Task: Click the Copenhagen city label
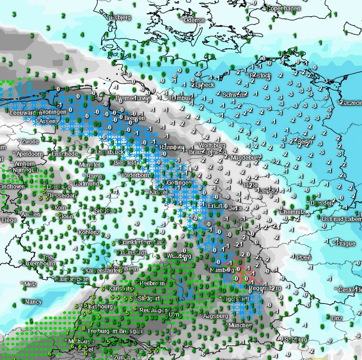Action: click(284, 9)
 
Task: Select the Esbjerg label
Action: click(120, 17)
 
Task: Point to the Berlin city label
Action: click(305, 142)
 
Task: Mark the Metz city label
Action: click(30, 284)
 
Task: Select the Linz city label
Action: click(336, 318)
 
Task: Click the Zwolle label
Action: click(30, 141)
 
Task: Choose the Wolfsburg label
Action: click(210, 145)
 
